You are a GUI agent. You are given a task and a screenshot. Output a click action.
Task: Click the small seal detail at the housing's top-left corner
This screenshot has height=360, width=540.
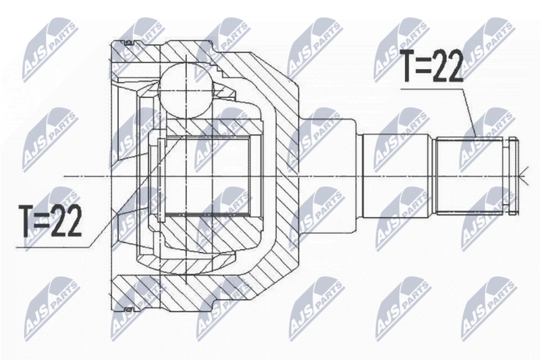pyautogui.click(x=125, y=44)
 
